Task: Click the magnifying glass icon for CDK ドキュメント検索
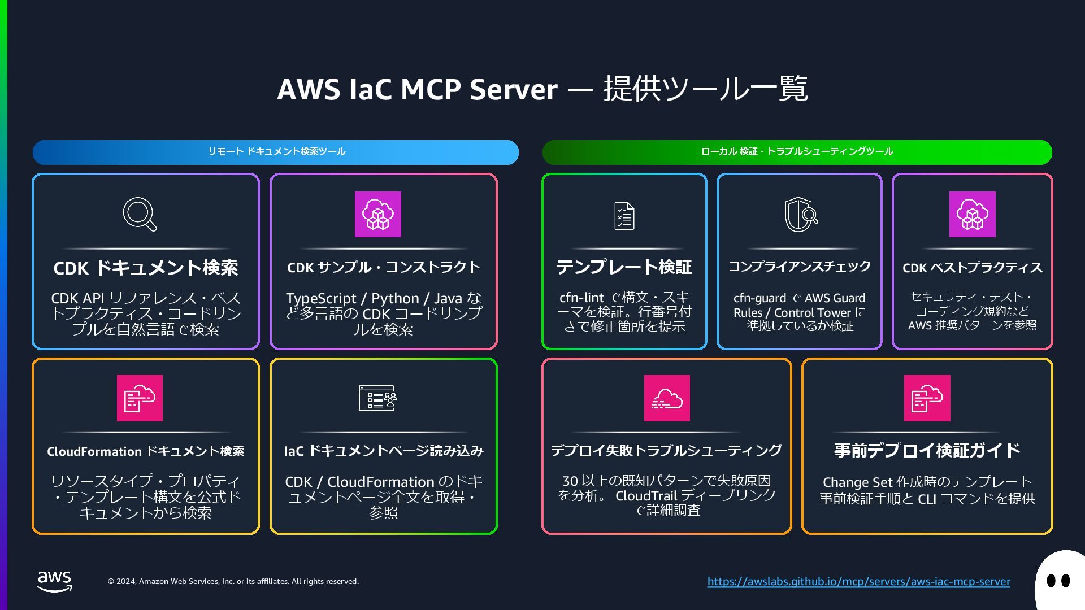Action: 140,214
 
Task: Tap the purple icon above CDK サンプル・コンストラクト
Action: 377,214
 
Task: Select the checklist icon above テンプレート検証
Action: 624,216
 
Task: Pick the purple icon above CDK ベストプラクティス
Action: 972,214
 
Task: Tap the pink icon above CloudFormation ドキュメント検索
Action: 140,398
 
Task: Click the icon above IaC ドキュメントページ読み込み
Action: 377,398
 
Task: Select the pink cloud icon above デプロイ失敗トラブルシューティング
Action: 667,398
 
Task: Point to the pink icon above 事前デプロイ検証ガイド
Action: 927,398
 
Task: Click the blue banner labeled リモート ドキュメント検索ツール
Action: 276,152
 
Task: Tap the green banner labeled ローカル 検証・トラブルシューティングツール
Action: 797,152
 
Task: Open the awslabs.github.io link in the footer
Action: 858,581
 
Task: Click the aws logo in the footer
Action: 55,581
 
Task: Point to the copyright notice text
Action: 233,581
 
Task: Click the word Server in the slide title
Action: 513,89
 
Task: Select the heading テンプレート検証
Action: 624,267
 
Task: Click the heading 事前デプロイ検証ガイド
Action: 927,450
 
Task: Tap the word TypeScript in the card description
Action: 321,298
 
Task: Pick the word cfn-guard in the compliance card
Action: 759,298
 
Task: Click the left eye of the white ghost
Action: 1051,581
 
